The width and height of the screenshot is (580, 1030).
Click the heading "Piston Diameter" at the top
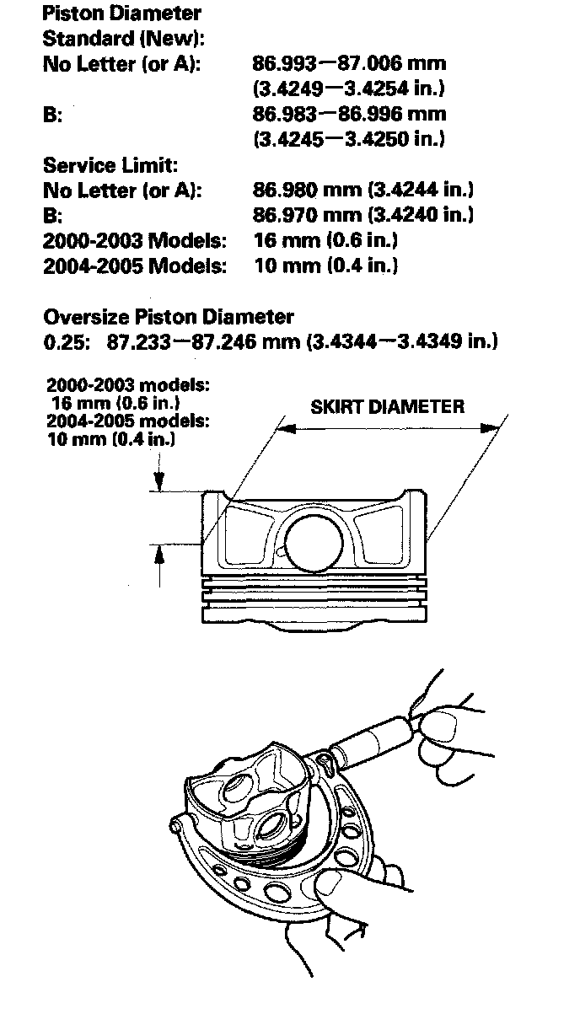tap(121, 13)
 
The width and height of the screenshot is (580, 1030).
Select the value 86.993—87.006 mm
tap(349, 63)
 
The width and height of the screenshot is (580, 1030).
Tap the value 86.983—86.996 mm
tap(349, 114)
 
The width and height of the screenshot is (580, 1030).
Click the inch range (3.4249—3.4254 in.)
tap(349, 88)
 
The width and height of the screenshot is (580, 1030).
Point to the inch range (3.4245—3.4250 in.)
tap(349, 138)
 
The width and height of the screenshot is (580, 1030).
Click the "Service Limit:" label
tap(110, 164)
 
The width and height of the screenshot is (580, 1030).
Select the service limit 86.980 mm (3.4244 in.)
tap(362, 190)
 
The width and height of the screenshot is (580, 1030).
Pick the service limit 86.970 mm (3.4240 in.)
tap(362, 215)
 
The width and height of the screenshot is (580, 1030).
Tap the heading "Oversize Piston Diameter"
tap(168, 317)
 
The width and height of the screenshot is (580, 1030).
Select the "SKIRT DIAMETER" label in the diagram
tap(387, 407)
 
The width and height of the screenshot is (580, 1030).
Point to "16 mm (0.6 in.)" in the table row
tap(325, 240)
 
